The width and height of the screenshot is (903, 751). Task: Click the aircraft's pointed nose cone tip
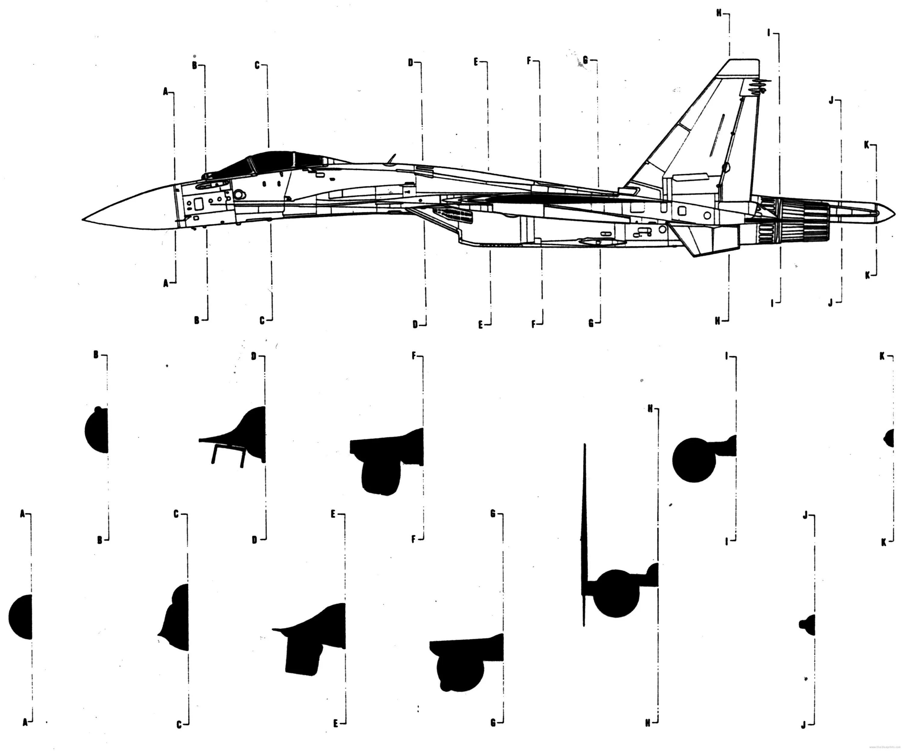click(83, 220)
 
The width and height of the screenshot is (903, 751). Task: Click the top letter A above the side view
click(166, 91)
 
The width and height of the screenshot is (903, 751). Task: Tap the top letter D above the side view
click(411, 63)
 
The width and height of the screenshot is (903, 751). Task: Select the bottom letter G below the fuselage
click(591, 324)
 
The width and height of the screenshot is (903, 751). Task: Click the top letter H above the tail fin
click(718, 13)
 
